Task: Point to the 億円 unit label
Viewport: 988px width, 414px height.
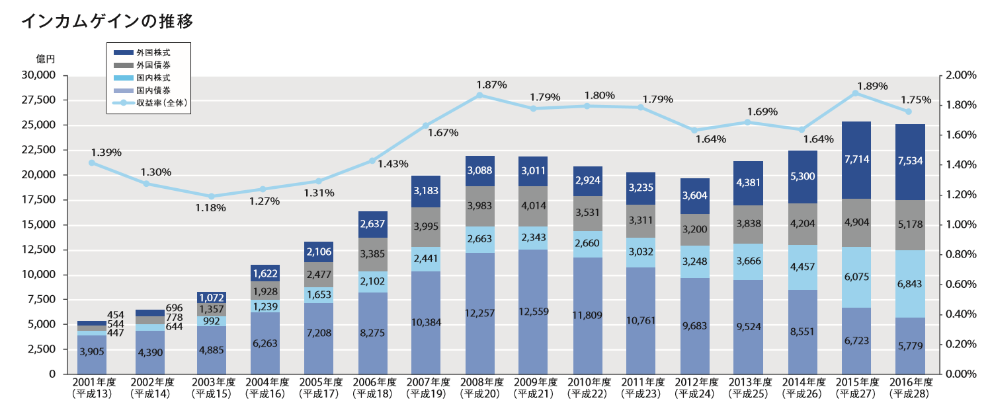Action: pyautogui.click(x=46, y=59)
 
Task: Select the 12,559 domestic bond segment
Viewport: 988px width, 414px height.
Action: pyautogui.click(x=534, y=312)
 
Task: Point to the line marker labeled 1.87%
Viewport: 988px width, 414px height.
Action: pyautogui.click(x=480, y=95)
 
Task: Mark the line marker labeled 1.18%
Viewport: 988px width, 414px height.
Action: pyautogui.click(x=211, y=196)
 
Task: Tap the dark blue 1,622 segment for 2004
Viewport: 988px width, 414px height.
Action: pyautogui.click(x=265, y=273)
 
